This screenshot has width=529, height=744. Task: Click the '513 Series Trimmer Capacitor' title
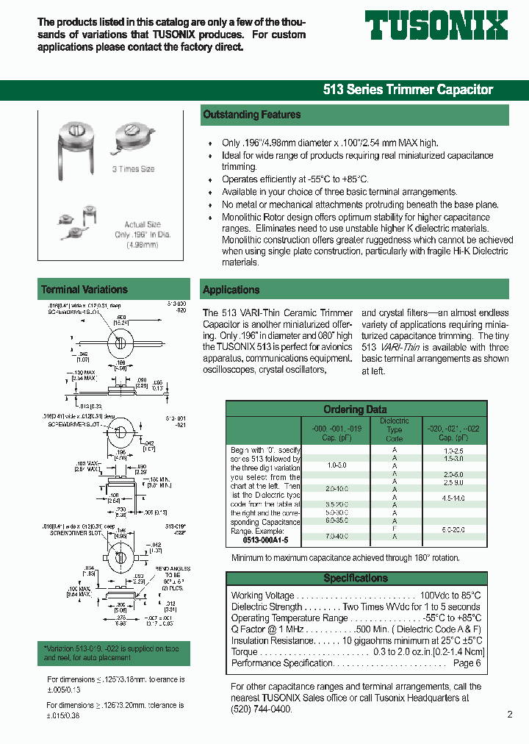coord(408,90)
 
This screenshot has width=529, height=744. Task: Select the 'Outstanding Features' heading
coord(252,115)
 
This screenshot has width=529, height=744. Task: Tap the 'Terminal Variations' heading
coord(84,290)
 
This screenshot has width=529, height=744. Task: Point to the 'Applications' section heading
coord(231,290)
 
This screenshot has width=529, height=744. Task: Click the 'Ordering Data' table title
coord(355,409)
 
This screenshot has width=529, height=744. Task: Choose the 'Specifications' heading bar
coord(356,579)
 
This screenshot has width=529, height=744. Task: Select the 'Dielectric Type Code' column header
coord(394,429)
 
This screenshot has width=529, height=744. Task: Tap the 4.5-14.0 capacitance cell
coord(453,498)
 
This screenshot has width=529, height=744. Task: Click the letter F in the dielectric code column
coord(395,528)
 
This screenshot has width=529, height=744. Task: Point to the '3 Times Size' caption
coord(133,169)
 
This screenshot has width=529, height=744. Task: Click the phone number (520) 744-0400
coord(262,709)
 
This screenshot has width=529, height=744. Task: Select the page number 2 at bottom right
coord(510,714)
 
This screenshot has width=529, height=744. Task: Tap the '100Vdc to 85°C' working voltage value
coord(450,595)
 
